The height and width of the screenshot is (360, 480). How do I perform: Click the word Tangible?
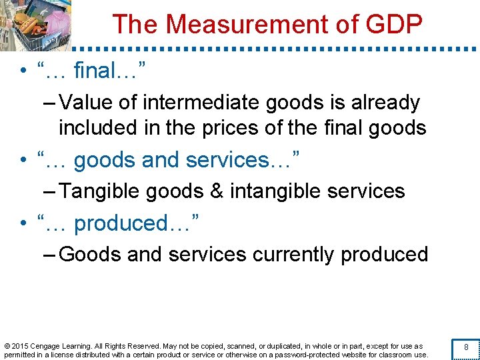(101, 192)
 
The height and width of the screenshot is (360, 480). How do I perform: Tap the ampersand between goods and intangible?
(216, 192)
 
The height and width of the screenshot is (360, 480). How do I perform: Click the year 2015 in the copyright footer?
(20, 346)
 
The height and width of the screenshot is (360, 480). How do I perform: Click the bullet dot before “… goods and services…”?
(23, 161)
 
